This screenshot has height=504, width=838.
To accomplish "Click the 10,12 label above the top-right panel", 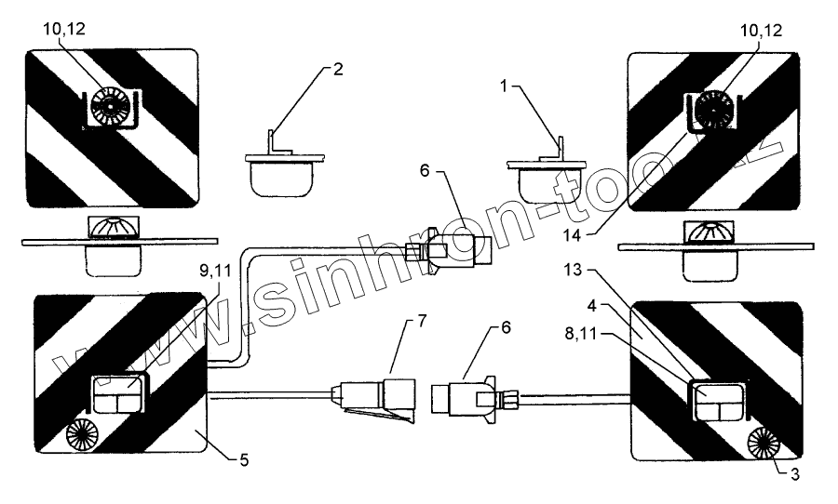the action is pos(762,31).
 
